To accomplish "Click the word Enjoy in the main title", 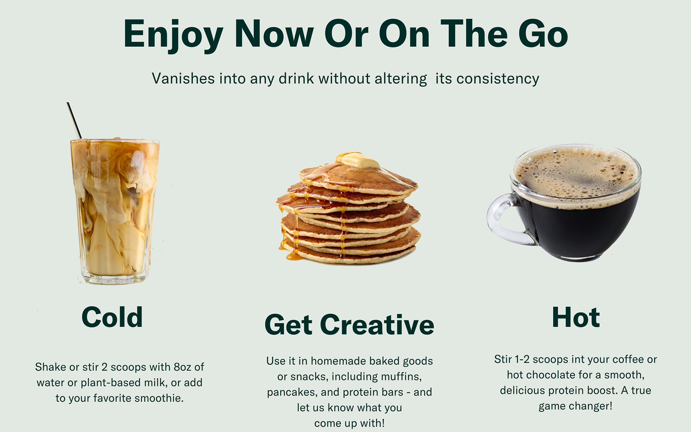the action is (x=173, y=36).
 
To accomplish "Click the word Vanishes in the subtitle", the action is (x=183, y=78).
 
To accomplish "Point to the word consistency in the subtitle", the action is (x=498, y=79).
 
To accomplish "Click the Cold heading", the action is (x=112, y=317).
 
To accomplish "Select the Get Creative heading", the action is (x=349, y=325).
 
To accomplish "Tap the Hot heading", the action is (x=576, y=317).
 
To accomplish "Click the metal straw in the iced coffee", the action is (x=74, y=120).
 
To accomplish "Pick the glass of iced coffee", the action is (x=115, y=211).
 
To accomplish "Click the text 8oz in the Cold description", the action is (x=182, y=367).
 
